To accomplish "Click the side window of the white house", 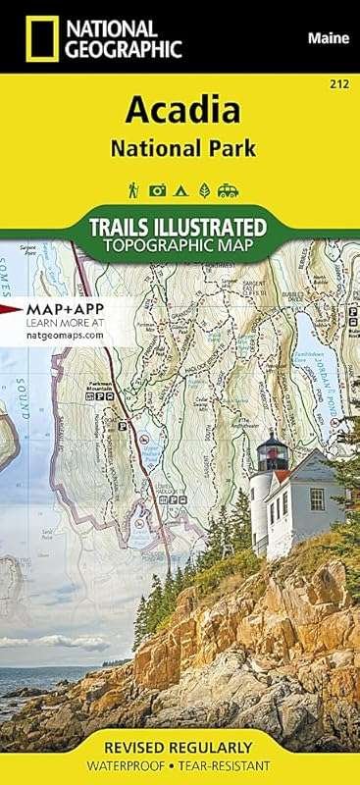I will (317, 498).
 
